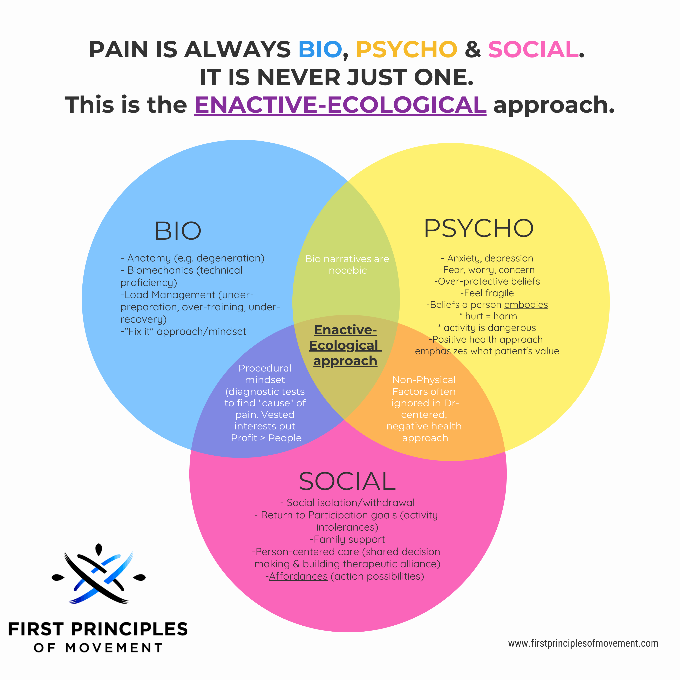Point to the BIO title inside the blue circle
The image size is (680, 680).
tap(178, 231)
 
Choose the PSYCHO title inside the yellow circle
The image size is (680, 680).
tap(479, 229)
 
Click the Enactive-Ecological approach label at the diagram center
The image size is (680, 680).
tap(345, 345)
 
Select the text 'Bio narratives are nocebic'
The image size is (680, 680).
tap(347, 264)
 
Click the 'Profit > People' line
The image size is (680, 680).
tap(266, 438)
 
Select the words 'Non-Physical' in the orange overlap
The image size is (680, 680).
tap(424, 380)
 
